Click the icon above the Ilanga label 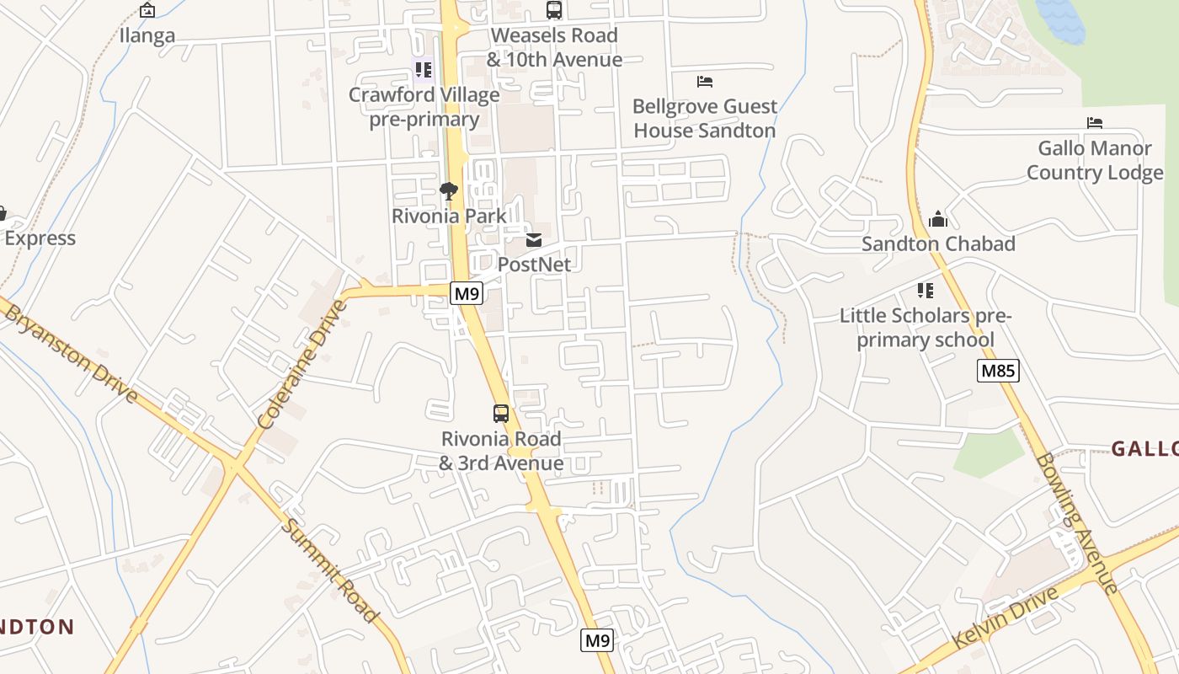point(147,10)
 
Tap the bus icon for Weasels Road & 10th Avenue point(553,10)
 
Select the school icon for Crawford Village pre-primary point(423,69)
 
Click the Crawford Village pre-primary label point(424,107)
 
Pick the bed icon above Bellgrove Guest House point(705,82)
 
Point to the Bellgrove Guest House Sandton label point(704,119)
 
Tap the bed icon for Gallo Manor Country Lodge point(1095,123)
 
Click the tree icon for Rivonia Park point(449,191)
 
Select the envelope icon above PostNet point(534,240)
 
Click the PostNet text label point(534,265)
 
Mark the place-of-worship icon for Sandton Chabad point(938,220)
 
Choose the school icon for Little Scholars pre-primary point(926,292)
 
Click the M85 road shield point(998,371)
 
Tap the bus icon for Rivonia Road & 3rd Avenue point(501,414)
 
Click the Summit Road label point(329,570)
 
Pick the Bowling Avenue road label point(1076,522)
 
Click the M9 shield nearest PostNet point(466,293)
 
